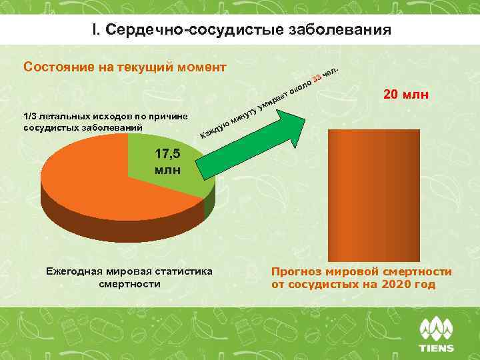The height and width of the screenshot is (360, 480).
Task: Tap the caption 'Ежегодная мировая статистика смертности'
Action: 129,277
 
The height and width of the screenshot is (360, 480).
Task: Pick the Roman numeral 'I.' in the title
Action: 96,31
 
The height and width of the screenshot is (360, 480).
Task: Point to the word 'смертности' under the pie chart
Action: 129,284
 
